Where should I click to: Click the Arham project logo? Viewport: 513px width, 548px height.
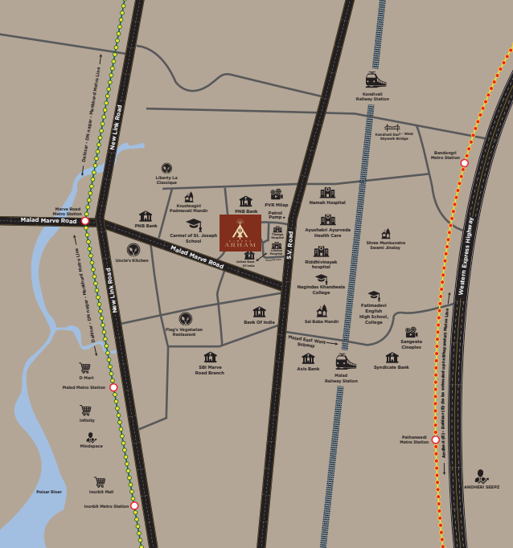pos(240,233)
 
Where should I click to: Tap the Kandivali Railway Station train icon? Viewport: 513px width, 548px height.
pos(376,80)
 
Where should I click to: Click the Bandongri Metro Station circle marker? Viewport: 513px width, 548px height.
pos(464,163)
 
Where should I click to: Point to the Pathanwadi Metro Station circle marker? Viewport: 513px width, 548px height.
pos(435,440)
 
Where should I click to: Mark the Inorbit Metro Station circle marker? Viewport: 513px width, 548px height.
pos(134,506)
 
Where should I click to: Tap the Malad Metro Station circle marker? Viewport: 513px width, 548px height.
pos(113,387)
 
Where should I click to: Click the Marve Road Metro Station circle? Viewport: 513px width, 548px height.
pos(84,220)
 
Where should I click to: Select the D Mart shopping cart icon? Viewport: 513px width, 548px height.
pos(84,368)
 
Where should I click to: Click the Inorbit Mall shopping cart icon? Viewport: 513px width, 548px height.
pos(100,482)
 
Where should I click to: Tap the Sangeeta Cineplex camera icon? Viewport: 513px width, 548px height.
pos(411,332)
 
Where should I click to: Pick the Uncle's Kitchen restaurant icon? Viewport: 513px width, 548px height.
pos(133,250)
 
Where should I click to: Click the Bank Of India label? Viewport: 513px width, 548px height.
pos(259,322)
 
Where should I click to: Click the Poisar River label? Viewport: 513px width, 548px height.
pos(49,492)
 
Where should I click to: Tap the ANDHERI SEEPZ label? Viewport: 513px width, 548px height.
pos(481,487)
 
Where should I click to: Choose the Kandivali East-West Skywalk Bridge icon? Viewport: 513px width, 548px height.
pos(392,127)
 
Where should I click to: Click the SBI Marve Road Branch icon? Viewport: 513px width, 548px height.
pos(210,358)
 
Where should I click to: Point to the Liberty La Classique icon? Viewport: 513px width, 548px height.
pos(166,168)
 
